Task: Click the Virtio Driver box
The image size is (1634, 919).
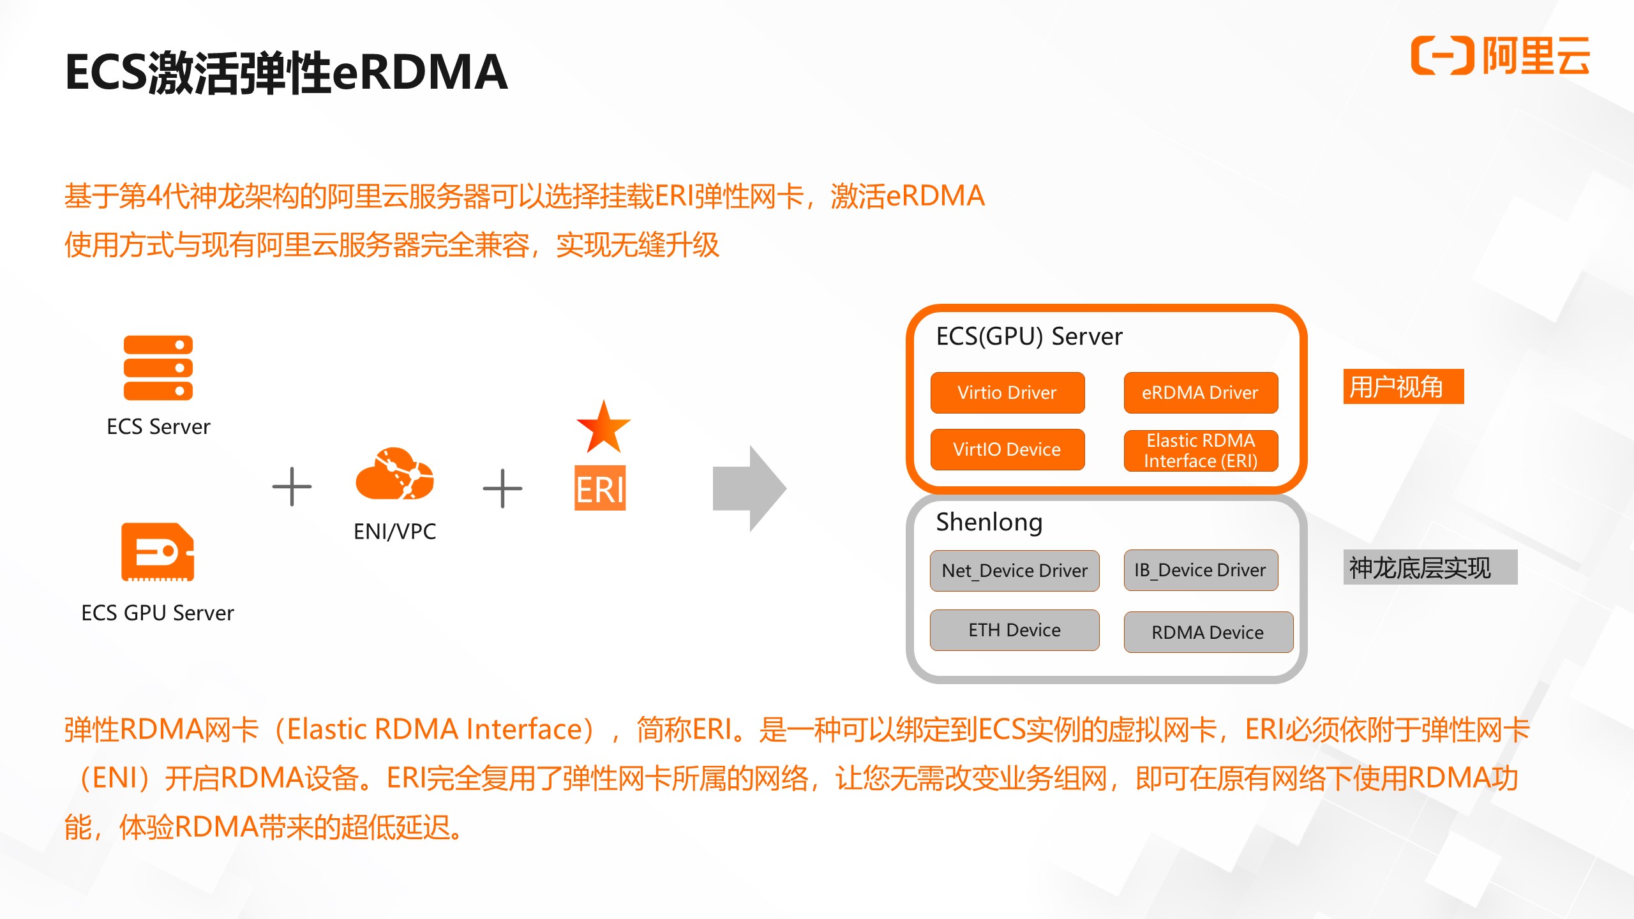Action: (x=1007, y=392)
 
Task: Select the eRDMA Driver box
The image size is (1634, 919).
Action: (x=1201, y=392)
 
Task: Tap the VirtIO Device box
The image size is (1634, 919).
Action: (x=1007, y=449)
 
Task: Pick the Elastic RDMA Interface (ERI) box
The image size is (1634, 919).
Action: (x=1201, y=451)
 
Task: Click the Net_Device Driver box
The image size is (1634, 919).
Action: (x=1014, y=571)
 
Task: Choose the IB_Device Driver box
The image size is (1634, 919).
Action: (x=1201, y=570)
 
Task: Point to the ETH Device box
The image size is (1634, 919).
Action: (x=1014, y=630)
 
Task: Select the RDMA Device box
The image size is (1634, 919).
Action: (x=1208, y=632)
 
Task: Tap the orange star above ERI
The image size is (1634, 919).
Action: (x=603, y=428)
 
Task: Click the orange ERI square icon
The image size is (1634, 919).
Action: (x=600, y=488)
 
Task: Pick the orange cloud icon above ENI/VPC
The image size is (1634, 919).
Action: (x=394, y=474)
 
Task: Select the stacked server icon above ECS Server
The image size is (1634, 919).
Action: (x=158, y=368)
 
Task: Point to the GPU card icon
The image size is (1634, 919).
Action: (x=158, y=552)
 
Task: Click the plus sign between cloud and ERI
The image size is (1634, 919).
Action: (x=502, y=488)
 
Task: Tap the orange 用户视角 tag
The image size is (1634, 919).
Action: (x=1403, y=387)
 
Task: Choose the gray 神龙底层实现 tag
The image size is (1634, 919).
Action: (x=1430, y=567)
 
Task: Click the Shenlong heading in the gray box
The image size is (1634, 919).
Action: (x=989, y=522)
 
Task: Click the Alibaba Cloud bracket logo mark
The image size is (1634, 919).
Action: (x=1442, y=56)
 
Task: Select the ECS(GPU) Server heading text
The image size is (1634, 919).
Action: (x=1029, y=336)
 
